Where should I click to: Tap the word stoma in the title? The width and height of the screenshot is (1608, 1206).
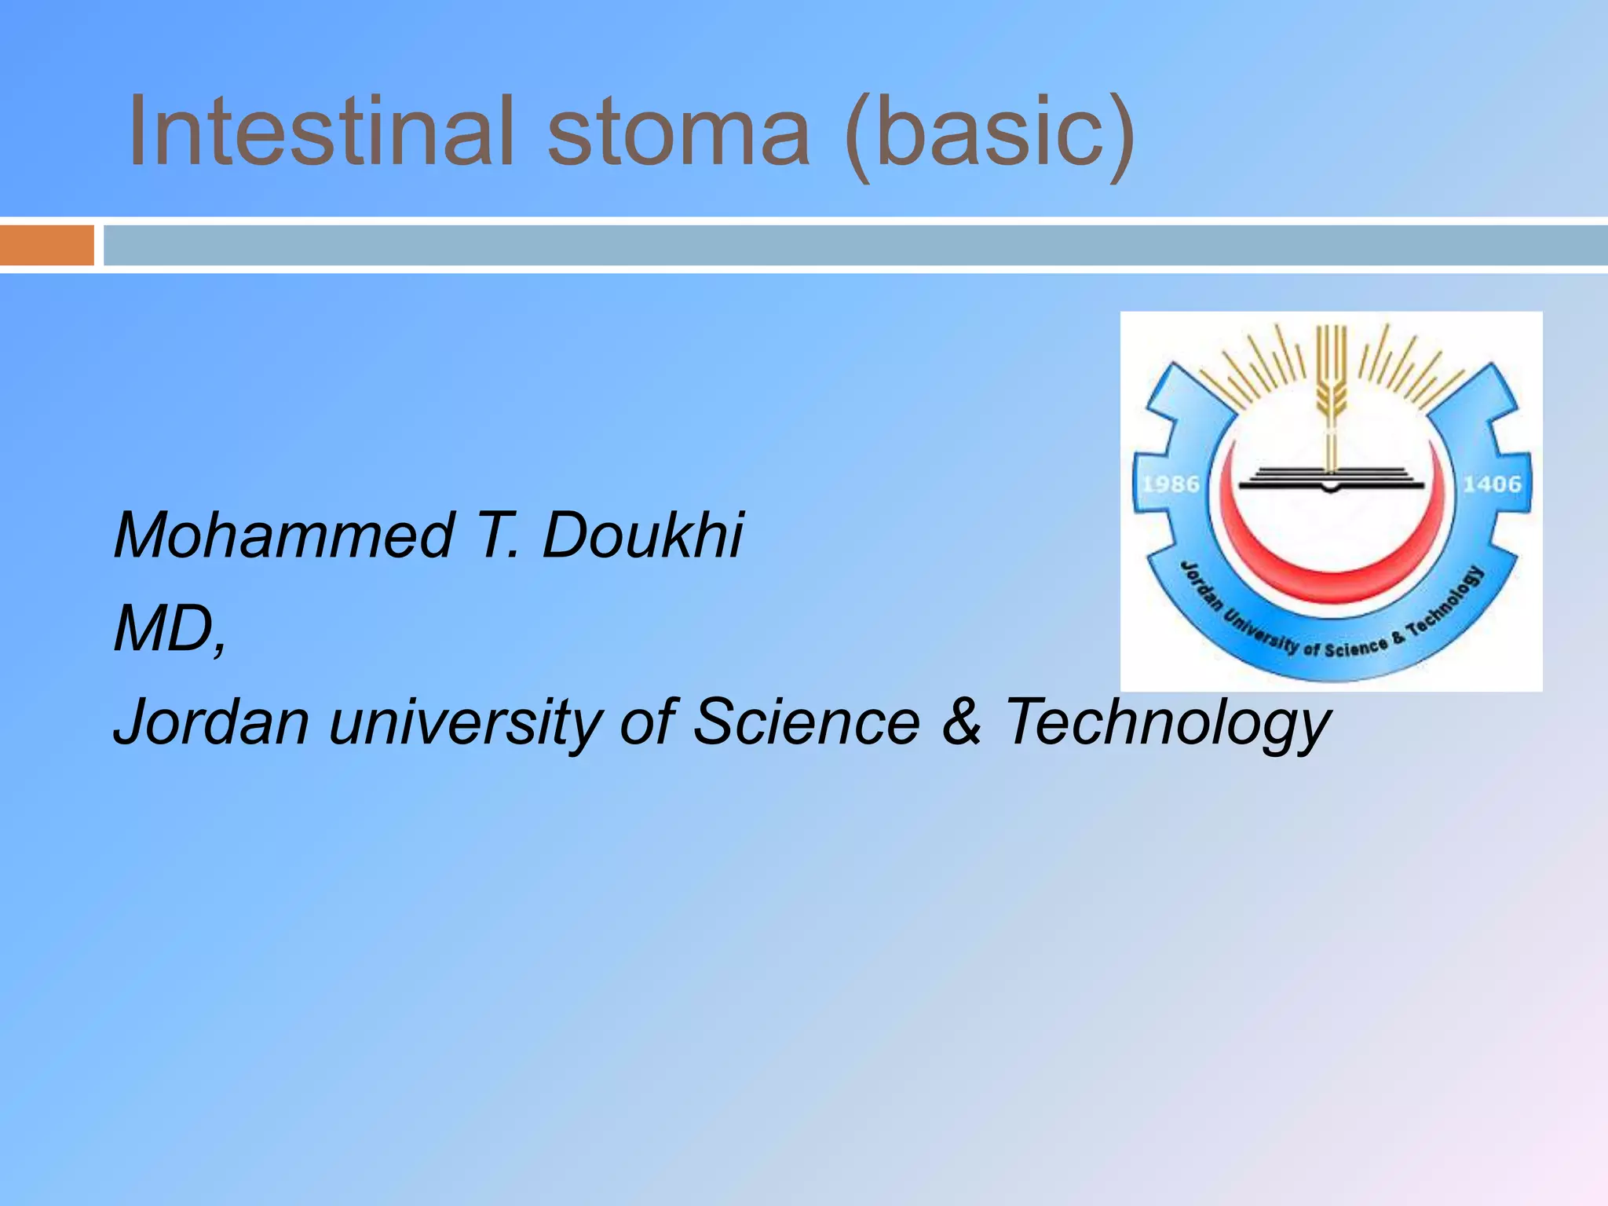tap(678, 131)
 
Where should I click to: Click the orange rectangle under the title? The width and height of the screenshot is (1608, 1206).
tap(46, 245)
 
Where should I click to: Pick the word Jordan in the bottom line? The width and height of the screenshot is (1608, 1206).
tap(211, 722)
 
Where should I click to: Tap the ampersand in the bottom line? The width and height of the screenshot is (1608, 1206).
tap(961, 722)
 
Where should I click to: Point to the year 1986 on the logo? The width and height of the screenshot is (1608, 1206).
tap(1171, 484)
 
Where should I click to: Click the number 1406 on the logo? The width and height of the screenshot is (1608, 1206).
tap(1492, 484)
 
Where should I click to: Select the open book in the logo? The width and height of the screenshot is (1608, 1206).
tap(1330, 477)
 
